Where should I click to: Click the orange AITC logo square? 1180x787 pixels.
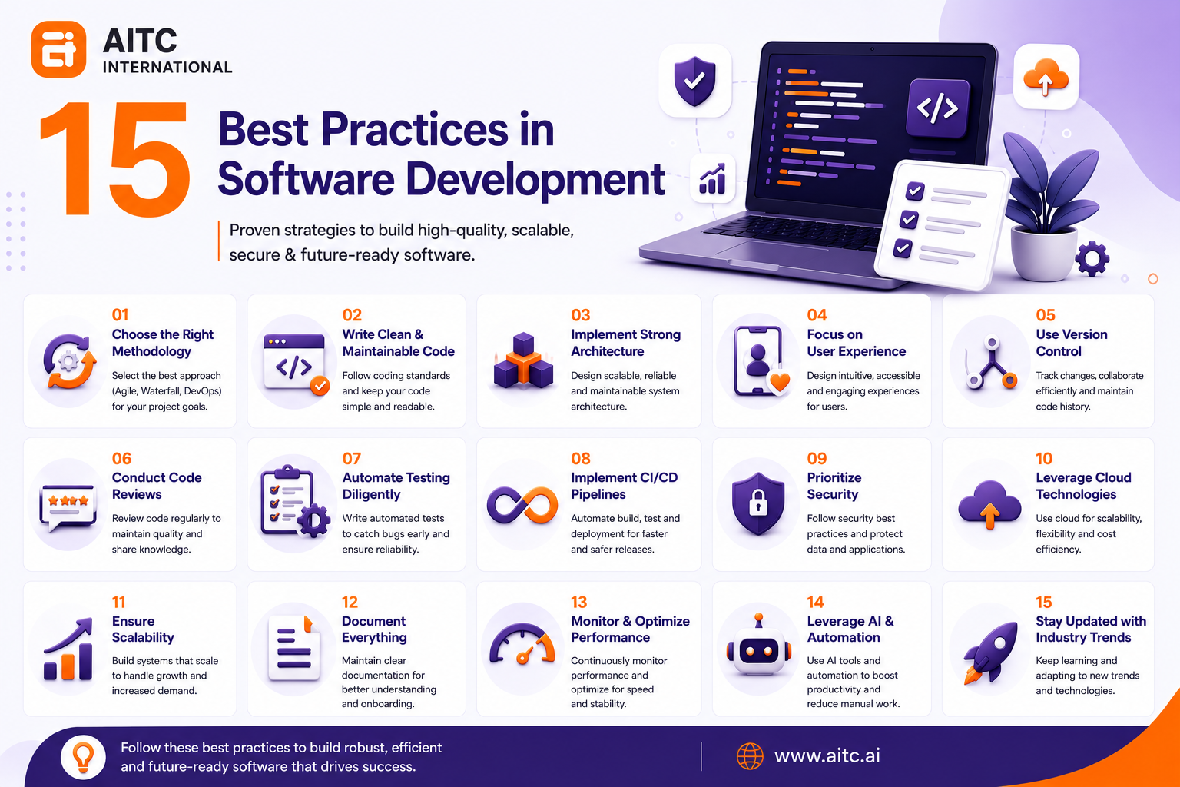[58, 49]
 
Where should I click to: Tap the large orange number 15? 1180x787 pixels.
[114, 159]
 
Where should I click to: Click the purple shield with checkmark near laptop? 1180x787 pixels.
[694, 81]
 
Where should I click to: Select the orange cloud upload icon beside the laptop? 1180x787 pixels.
[1046, 78]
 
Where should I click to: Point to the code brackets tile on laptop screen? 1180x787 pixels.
[937, 108]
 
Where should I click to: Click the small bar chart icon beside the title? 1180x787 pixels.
[712, 179]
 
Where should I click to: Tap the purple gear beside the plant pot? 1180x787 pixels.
[1092, 259]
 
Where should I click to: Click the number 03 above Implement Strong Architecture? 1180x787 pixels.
[581, 315]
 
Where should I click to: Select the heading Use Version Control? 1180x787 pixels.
[1072, 343]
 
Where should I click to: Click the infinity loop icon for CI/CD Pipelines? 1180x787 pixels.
[522, 505]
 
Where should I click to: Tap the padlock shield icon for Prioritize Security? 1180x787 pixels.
[758, 503]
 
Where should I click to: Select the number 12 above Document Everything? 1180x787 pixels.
[350, 602]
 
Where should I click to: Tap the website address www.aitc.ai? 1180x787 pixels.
[827, 756]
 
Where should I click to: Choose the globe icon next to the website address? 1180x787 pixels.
[750, 756]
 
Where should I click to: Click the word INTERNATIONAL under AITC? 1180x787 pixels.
[167, 68]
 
